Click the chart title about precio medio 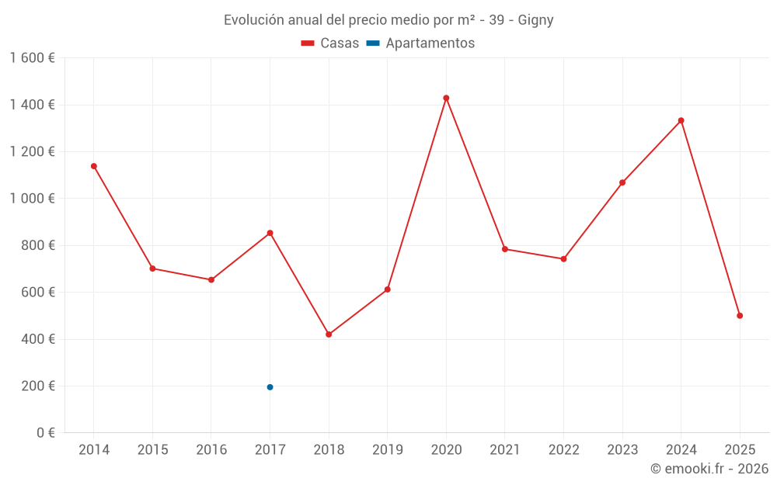388,20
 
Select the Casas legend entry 330,43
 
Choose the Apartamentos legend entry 420,43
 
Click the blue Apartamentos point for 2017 270,387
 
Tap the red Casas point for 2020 446,98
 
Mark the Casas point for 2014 94,166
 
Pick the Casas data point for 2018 329,334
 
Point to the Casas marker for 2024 681,120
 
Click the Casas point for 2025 740,316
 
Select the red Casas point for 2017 270,233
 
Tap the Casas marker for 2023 622,182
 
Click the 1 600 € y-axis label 32,58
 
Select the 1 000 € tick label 32,199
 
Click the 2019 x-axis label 387,450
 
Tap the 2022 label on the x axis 563,450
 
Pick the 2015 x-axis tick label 152,450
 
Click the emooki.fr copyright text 709,469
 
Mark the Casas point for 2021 505,249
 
